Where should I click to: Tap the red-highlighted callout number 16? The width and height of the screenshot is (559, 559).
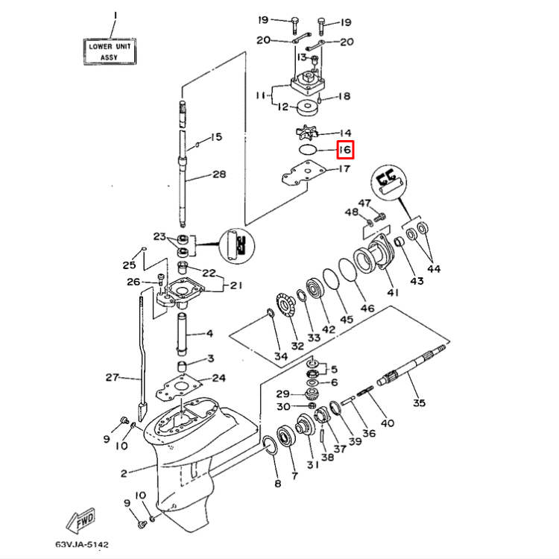point(344,150)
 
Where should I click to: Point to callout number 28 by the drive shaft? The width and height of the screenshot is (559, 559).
point(219,175)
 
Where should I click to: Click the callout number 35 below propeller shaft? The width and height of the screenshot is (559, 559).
point(419,403)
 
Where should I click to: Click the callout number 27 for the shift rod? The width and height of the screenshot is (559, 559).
point(112,378)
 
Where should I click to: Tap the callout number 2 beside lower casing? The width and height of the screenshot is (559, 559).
point(124,472)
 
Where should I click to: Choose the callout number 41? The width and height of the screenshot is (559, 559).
point(392,293)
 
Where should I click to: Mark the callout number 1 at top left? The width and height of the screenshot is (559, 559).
point(115,16)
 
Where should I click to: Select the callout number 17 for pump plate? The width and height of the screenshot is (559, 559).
point(344,169)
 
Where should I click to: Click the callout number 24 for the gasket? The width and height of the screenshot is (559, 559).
point(219,378)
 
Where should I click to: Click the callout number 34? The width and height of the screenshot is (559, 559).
point(280,357)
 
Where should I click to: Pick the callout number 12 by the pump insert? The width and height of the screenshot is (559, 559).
point(282,107)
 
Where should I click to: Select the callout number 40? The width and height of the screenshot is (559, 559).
point(388,424)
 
